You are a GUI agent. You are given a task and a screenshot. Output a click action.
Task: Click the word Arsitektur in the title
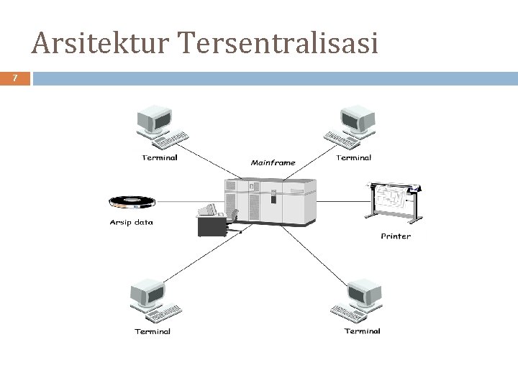pyautogui.click(x=100, y=44)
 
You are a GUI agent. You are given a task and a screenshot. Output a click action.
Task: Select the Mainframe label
pyautogui.click(x=273, y=162)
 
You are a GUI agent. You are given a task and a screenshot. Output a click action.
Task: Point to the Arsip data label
pyautogui.click(x=131, y=222)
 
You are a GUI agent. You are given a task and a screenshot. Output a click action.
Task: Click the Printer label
pyautogui.click(x=396, y=236)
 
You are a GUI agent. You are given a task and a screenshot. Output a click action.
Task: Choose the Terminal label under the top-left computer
pyautogui.click(x=160, y=157)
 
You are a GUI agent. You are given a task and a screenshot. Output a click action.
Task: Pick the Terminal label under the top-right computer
pyautogui.click(x=353, y=157)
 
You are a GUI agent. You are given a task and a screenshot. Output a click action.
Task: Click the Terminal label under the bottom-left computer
pyautogui.click(x=153, y=331)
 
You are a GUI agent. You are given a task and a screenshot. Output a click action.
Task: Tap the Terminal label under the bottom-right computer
pyautogui.click(x=362, y=331)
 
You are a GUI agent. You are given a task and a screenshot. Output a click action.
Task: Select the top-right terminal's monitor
pyautogui.click(x=357, y=117)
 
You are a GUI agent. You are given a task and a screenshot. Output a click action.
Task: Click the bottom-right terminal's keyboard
pyautogui.click(x=353, y=312)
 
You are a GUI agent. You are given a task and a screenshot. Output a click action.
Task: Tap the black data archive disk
pyautogui.click(x=132, y=200)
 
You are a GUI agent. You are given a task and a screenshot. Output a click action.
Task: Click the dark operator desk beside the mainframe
pyautogui.click(x=213, y=225)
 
